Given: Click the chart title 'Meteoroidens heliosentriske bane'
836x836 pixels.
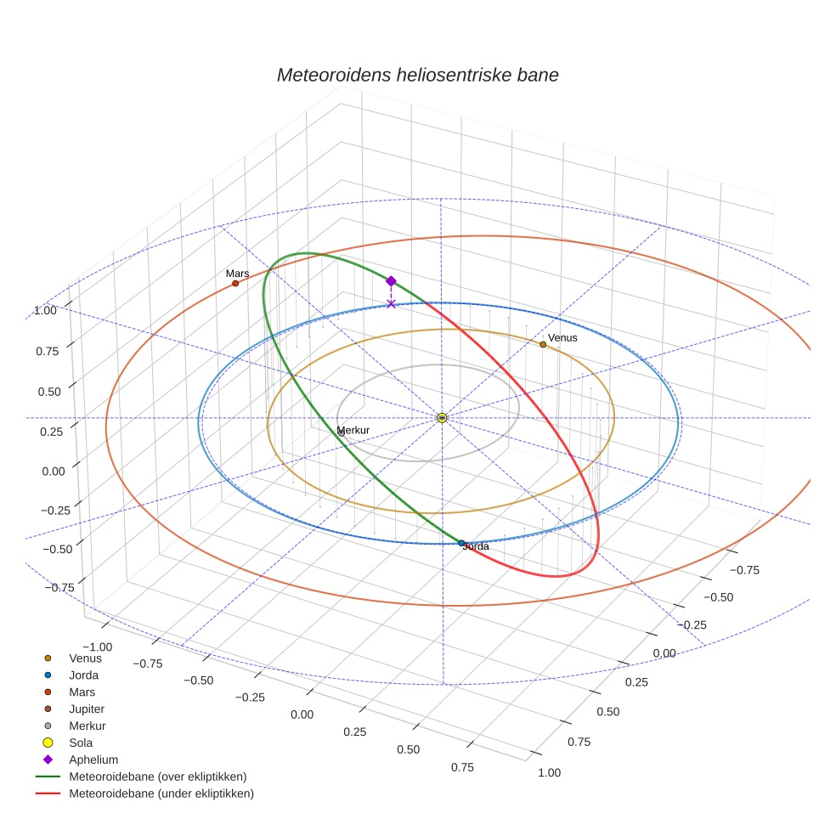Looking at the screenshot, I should [x=417, y=75].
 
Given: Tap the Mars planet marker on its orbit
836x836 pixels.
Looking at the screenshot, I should [x=235, y=283].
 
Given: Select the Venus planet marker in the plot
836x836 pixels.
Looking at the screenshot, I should [x=543, y=344].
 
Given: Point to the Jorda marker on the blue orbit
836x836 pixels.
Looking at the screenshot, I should [x=461, y=542].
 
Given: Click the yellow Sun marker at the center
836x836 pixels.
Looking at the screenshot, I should [x=442, y=417].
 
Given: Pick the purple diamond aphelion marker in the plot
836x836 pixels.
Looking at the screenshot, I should [x=391, y=281].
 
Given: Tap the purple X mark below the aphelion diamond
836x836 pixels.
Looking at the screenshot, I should [x=391, y=303].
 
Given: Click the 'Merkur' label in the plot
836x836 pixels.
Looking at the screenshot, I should [x=353, y=431].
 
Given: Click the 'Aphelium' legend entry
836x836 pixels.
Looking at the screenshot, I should [x=93, y=760].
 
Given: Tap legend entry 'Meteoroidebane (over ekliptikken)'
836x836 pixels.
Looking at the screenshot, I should [x=157, y=777].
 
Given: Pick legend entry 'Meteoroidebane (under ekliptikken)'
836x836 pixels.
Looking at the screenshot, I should [x=161, y=794].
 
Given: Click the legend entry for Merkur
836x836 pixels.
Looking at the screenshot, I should [x=87, y=726].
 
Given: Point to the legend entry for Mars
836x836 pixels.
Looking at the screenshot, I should [x=82, y=692].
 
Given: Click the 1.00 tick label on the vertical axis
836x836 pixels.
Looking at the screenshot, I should [x=45, y=311].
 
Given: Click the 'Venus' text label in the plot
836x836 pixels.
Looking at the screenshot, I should [x=562, y=338].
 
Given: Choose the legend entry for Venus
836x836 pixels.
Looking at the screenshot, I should [x=85, y=658].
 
